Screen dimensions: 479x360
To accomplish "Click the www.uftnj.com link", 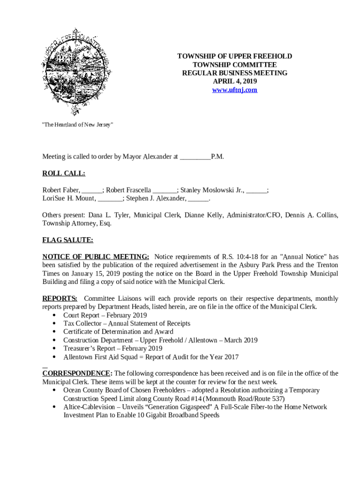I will coord(235,90).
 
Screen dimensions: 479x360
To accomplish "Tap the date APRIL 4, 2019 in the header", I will coord(235,81).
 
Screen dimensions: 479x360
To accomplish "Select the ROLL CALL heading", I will coord(64,174).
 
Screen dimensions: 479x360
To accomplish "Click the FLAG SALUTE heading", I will coord(68,240).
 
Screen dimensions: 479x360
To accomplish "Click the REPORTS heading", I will coord(60,298).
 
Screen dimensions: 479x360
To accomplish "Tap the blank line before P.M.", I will coord(195,157).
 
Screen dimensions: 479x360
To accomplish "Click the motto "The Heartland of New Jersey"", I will coord(78,125).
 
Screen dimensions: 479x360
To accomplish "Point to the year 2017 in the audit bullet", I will coord(231,357).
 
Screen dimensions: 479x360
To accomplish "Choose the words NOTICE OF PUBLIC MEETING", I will coord(96,257).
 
